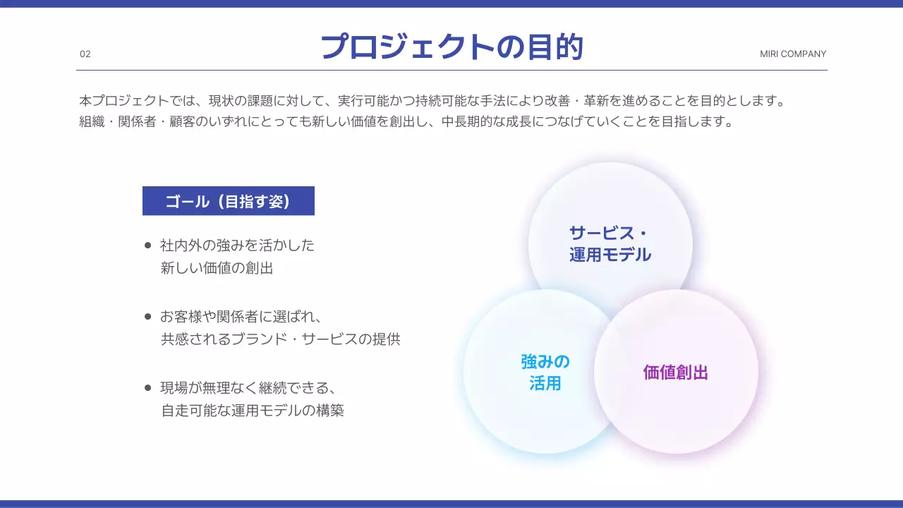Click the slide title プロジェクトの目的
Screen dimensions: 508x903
451,47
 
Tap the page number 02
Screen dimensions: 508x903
85,54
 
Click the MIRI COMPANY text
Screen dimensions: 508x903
793,54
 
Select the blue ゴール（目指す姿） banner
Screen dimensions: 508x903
228,201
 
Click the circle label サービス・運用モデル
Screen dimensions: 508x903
610,244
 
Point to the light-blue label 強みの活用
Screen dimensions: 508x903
545,373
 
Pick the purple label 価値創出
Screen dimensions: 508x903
675,373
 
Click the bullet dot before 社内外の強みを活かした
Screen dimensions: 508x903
148,246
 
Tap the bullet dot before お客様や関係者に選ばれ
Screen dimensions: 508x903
148,317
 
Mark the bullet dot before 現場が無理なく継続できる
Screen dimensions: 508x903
148,387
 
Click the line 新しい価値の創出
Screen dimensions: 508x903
217,268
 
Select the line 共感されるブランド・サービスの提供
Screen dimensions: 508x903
280,339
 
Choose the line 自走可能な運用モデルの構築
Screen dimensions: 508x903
252,410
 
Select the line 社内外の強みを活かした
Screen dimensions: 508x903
237,246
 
